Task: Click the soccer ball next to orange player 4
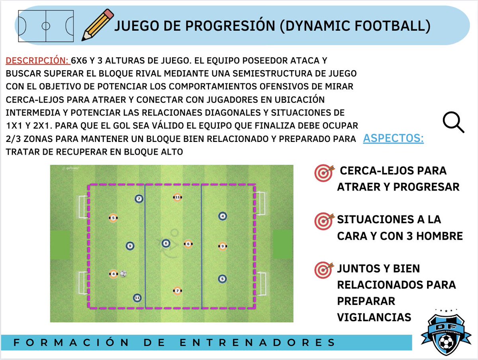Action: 123,274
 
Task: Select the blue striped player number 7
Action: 139,199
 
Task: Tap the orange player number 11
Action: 177,197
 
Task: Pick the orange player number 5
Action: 113,218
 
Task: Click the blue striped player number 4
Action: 223,216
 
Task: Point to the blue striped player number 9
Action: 129,246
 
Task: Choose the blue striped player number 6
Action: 166,243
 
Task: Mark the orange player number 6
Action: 188,244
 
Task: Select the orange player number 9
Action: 223,246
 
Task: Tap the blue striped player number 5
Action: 222,279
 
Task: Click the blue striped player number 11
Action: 137,297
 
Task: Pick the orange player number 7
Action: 178,291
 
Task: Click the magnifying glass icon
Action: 454,122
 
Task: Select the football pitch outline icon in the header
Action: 46,26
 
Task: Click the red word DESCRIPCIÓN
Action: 37,61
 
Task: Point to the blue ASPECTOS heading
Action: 393,139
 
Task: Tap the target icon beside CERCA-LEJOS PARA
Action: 323,173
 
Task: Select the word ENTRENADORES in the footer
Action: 258,342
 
